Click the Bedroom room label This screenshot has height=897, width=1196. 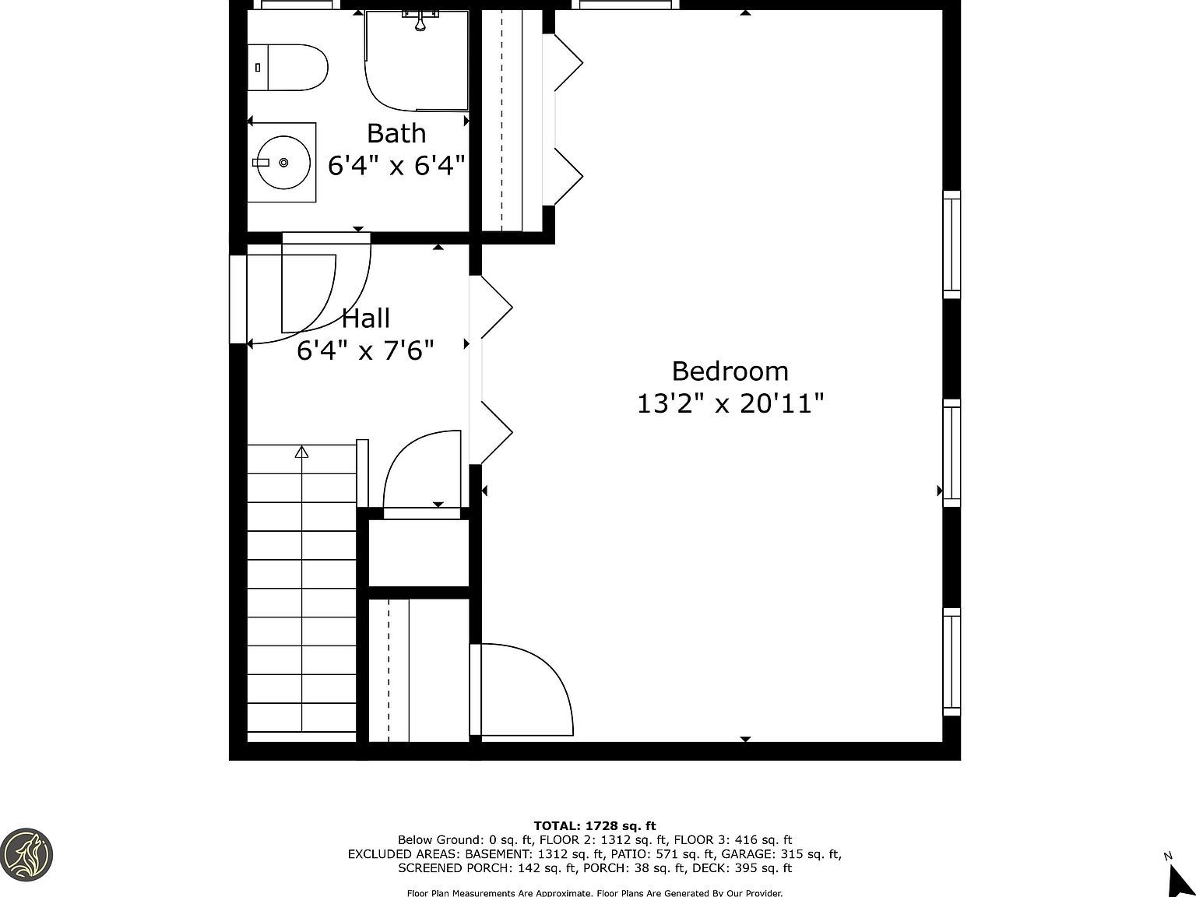tap(730, 371)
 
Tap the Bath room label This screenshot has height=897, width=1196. tap(396, 134)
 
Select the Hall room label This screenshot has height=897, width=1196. tap(366, 318)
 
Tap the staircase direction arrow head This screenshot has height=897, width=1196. tap(302, 452)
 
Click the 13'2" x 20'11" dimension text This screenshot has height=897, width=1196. tap(730, 404)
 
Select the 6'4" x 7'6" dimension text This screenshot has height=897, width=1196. tap(365, 351)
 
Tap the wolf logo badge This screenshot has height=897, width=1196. tap(26, 854)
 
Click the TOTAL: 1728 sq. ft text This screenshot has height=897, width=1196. tap(595, 826)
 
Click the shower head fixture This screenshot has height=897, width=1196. tap(420, 22)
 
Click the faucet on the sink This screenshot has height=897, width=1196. tap(261, 162)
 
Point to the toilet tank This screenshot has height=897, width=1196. tap(258, 67)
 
